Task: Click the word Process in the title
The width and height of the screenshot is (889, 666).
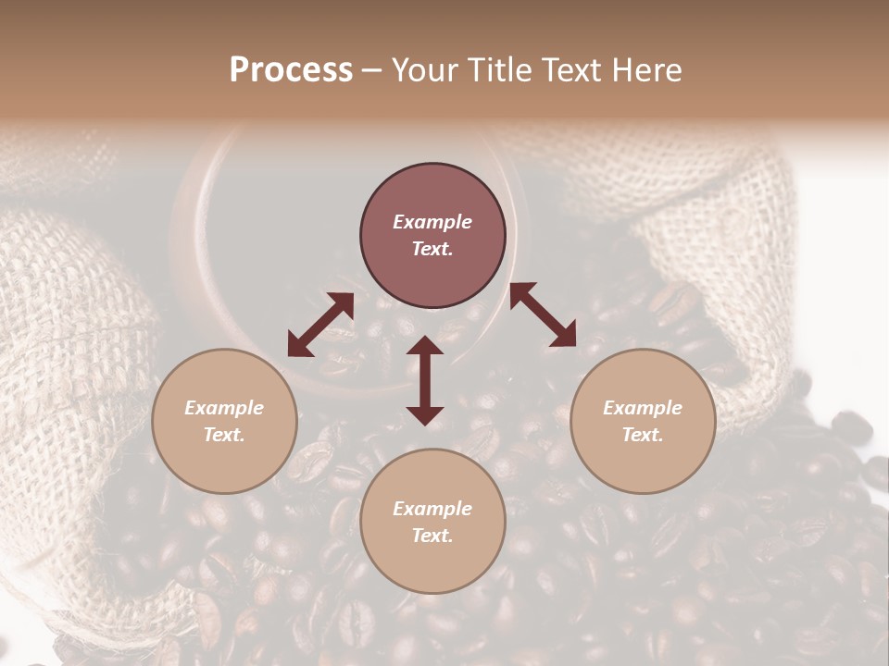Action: (291, 70)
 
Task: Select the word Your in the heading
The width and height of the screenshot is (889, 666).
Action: (423, 70)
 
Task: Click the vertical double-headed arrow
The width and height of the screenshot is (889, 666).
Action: (425, 380)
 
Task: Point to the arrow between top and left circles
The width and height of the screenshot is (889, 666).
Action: (320, 325)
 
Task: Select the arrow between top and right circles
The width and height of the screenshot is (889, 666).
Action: (543, 314)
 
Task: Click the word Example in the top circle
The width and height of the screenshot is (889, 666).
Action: (432, 222)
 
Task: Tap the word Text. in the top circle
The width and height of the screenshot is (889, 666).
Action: (432, 249)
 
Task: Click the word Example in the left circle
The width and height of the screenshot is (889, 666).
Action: (224, 408)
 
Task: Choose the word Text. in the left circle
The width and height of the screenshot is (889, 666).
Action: (224, 435)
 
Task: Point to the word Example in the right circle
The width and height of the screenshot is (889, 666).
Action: (643, 408)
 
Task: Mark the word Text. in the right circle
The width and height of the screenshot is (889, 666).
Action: (643, 435)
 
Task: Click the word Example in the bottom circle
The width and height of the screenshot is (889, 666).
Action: (432, 509)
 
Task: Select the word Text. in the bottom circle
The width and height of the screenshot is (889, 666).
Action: (432, 536)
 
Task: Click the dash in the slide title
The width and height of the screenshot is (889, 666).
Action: (371, 71)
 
